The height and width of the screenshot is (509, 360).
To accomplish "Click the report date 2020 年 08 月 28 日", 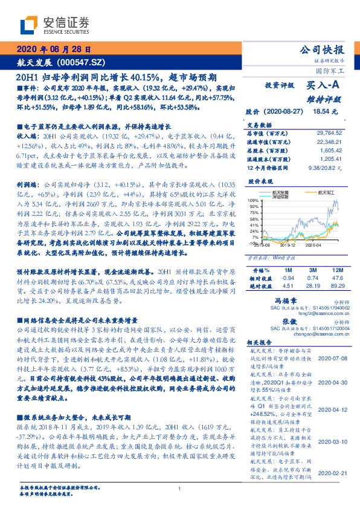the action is click(54, 50).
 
